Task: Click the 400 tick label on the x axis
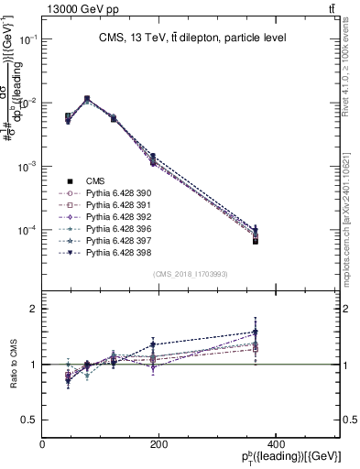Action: (x=275, y=444)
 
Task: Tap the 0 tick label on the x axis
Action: (x=43, y=444)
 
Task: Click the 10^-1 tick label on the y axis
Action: (x=27, y=39)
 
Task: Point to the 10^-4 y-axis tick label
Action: (x=27, y=230)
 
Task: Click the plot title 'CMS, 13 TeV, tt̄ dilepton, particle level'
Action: (x=192, y=38)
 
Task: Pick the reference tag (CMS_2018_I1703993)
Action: (x=191, y=274)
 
